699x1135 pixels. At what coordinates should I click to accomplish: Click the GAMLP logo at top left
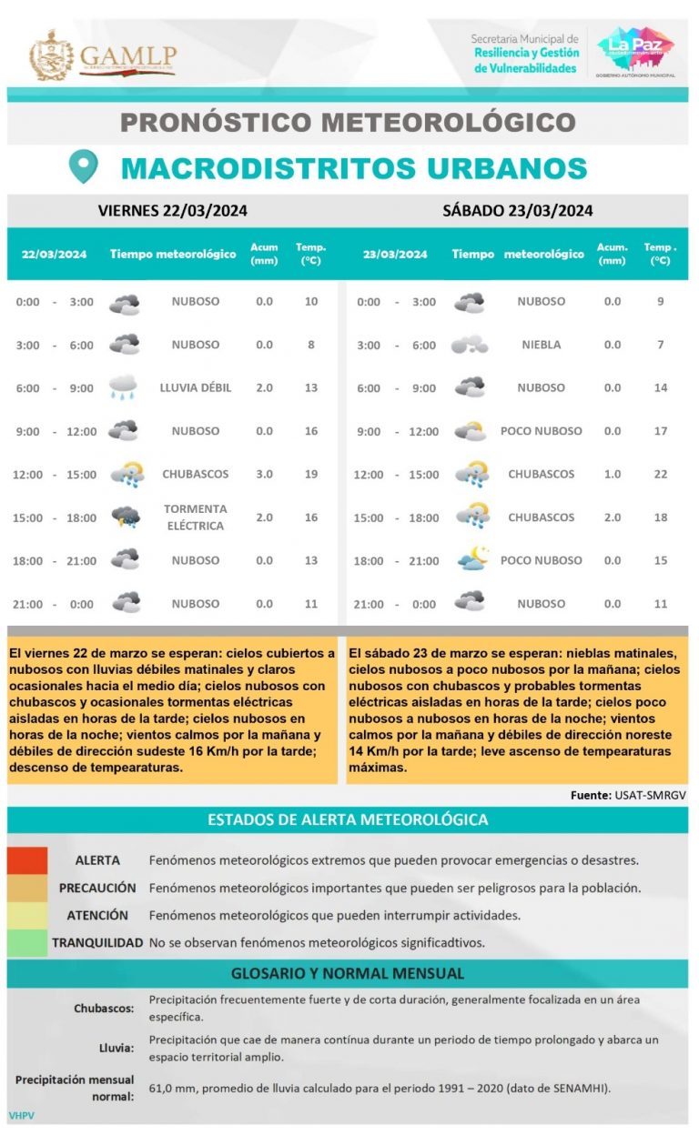(x=102, y=55)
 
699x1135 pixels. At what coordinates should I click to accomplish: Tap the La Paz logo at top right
(x=635, y=52)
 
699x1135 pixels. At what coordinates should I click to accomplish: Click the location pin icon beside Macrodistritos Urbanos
(x=84, y=166)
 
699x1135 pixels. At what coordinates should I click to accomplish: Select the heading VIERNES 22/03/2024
(x=172, y=211)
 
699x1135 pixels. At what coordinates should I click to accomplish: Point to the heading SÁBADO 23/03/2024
(x=517, y=211)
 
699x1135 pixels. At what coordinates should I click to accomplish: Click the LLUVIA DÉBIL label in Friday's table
(x=195, y=387)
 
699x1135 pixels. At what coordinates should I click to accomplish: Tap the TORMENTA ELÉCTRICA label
(x=195, y=517)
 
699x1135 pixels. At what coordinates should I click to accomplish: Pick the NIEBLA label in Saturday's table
(x=541, y=345)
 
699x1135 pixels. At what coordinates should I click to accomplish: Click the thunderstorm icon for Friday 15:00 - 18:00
(x=125, y=517)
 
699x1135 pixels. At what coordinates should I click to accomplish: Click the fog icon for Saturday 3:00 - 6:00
(x=470, y=345)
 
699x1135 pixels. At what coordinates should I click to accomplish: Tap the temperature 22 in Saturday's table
(x=661, y=474)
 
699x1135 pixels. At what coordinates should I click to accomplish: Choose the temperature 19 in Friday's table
(x=311, y=474)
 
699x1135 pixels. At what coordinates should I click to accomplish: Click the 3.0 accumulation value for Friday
(x=264, y=474)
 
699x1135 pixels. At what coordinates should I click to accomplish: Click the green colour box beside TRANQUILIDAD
(x=27, y=942)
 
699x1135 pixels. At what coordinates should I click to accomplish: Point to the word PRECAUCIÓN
(x=97, y=888)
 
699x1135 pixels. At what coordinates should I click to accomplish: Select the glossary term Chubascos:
(x=104, y=1008)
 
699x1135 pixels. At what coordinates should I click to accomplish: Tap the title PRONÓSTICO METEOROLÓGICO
(x=348, y=122)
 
